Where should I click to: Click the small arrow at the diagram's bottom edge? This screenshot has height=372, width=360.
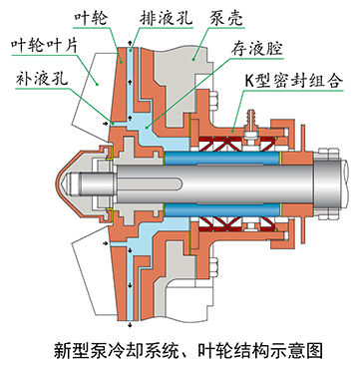(x=128, y=325)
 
